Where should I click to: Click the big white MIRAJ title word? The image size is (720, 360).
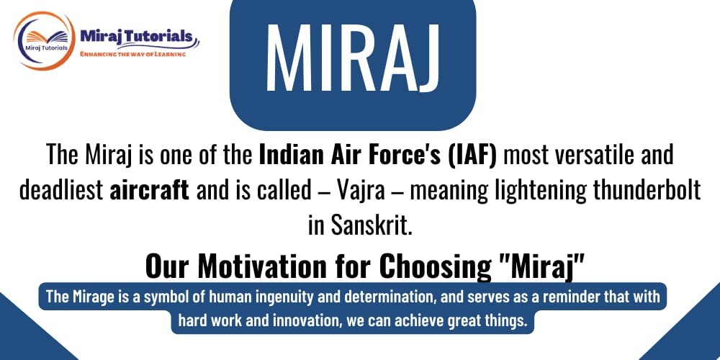click(352, 58)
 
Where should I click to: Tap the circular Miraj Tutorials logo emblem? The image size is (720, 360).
click(45, 41)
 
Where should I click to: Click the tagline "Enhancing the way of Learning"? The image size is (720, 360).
click(133, 54)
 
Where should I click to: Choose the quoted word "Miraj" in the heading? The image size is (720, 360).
click(539, 266)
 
